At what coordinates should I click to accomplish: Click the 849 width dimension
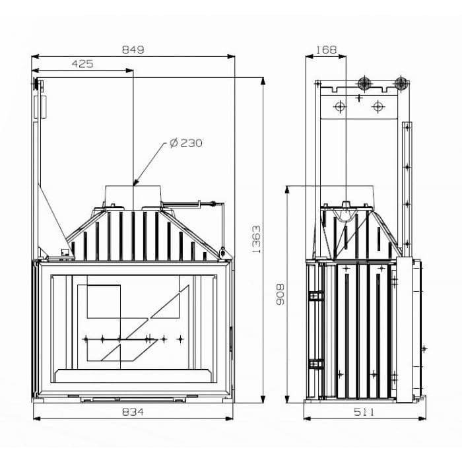pyautogui.click(x=133, y=49)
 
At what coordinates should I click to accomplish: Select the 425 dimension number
pyautogui.click(x=82, y=64)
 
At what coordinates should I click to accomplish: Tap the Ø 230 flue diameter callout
pyautogui.click(x=185, y=143)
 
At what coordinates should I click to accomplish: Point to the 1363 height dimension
pyautogui.click(x=256, y=239)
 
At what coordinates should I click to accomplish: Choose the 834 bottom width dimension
pyautogui.click(x=133, y=412)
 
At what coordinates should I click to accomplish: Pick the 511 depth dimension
pyautogui.click(x=363, y=412)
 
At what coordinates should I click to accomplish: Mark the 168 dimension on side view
pyautogui.click(x=326, y=49)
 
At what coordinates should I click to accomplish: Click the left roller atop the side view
pyautogui.click(x=363, y=83)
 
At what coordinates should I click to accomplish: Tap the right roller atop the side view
pyautogui.click(x=400, y=83)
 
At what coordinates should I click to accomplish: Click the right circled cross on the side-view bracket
pyautogui.click(x=377, y=106)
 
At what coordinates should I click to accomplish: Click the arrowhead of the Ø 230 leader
pyautogui.click(x=135, y=182)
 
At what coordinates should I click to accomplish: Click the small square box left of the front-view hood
pyautogui.click(x=65, y=251)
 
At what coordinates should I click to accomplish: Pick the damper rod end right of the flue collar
pyautogui.click(x=213, y=203)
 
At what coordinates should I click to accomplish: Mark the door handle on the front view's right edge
pyautogui.click(x=230, y=338)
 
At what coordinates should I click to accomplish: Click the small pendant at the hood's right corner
pyautogui.click(x=223, y=252)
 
